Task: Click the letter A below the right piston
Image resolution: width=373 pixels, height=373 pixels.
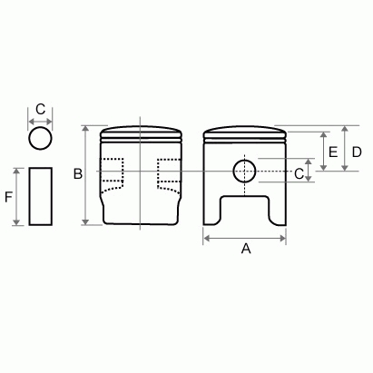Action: (244, 250)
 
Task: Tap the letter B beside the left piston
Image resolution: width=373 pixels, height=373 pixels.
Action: (78, 173)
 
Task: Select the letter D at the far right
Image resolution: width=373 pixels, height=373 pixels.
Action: (357, 152)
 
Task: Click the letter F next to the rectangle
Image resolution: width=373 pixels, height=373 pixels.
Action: (9, 196)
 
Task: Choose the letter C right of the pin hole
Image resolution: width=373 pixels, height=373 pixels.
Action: (299, 171)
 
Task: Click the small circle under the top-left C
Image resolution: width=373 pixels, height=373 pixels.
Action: (41, 138)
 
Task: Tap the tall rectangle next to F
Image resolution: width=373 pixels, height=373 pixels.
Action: (41, 195)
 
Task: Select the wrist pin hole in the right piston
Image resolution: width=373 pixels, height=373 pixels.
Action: (244, 170)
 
